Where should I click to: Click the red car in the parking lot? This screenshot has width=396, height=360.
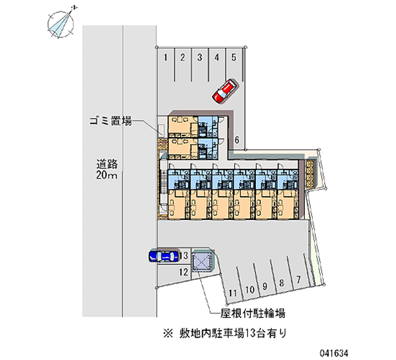[224, 90]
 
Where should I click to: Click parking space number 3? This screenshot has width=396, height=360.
[199, 57]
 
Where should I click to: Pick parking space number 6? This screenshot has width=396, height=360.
[237, 140]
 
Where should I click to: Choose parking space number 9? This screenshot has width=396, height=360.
[265, 285]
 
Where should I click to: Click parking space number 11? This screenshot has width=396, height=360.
[232, 293]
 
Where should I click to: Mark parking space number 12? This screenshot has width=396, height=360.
[183, 271]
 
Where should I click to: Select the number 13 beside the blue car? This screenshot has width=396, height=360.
[183, 256]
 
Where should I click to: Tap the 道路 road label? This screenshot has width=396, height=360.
[107, 164]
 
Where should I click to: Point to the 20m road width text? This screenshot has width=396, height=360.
[107, 176]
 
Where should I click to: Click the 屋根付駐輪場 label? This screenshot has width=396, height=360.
[252, 313]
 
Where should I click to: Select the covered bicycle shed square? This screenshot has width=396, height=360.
[201, 262]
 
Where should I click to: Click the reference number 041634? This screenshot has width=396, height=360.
[367, 351]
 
